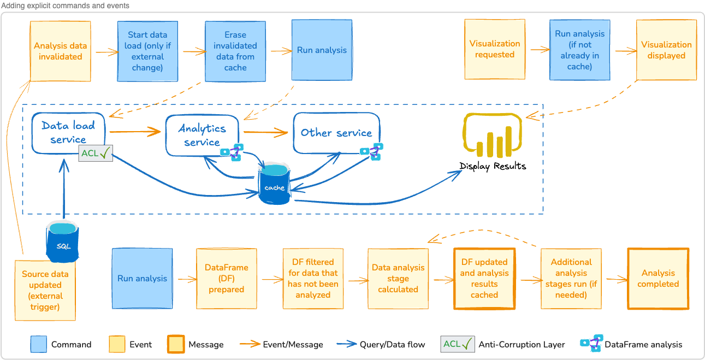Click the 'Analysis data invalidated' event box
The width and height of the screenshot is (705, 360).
pyautogui.click(x=60, y=51)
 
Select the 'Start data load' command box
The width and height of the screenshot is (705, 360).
pyautogui.click(x=147, y=51)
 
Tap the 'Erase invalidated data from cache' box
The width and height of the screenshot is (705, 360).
pyautogui.click(x=235, y=51)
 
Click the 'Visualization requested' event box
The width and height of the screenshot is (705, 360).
pyautogui.click(x=494, y=49)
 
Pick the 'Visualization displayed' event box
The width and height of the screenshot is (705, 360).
pyautogui.click(x=666, y=50)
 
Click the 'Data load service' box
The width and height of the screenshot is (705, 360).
pyautogui.click(x=68, y=132)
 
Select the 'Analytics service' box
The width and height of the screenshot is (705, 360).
pyautogui.click(x=202, y=134)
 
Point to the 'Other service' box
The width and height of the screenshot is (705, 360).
pyautogui.click(x=336, y=133)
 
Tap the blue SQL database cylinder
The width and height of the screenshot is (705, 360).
pyautogui.click(x=63, y=243)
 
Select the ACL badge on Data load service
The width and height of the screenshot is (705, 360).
pyautogui.click(x=96, y=154)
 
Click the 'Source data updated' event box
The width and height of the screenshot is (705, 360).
pyautogui.click(x=45, y=290)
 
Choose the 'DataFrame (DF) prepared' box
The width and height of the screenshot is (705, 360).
pyautogui.click(x=226, y=279)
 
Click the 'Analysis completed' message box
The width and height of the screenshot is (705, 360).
pyautogui.click(x=658, y=279)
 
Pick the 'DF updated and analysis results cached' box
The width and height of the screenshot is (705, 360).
pyautogui.click(x=484, y=279)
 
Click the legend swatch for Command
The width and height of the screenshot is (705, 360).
pyautogui.click(x=38, y=344)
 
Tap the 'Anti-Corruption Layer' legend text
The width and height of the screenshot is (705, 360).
pyautogui.click(x=522, y=345)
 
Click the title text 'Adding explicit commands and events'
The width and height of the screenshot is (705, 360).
pyautogui.click(x=66, y=5)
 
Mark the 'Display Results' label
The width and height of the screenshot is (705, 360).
pyautogui.click(x=493, y=166)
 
